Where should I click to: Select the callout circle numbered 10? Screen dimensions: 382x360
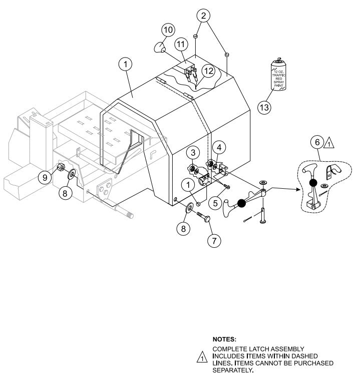(168, 30)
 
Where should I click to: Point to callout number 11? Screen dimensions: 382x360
(181, 45)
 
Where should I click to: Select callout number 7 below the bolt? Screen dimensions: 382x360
(214, 241)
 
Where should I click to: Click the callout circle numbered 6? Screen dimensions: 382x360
(317, 142)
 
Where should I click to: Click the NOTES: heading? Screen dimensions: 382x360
(224, 339)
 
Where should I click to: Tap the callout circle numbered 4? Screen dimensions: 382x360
(219, 147)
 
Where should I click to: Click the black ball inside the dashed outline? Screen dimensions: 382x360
(312, 183)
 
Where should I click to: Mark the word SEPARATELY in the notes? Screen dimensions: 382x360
(233, 371)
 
